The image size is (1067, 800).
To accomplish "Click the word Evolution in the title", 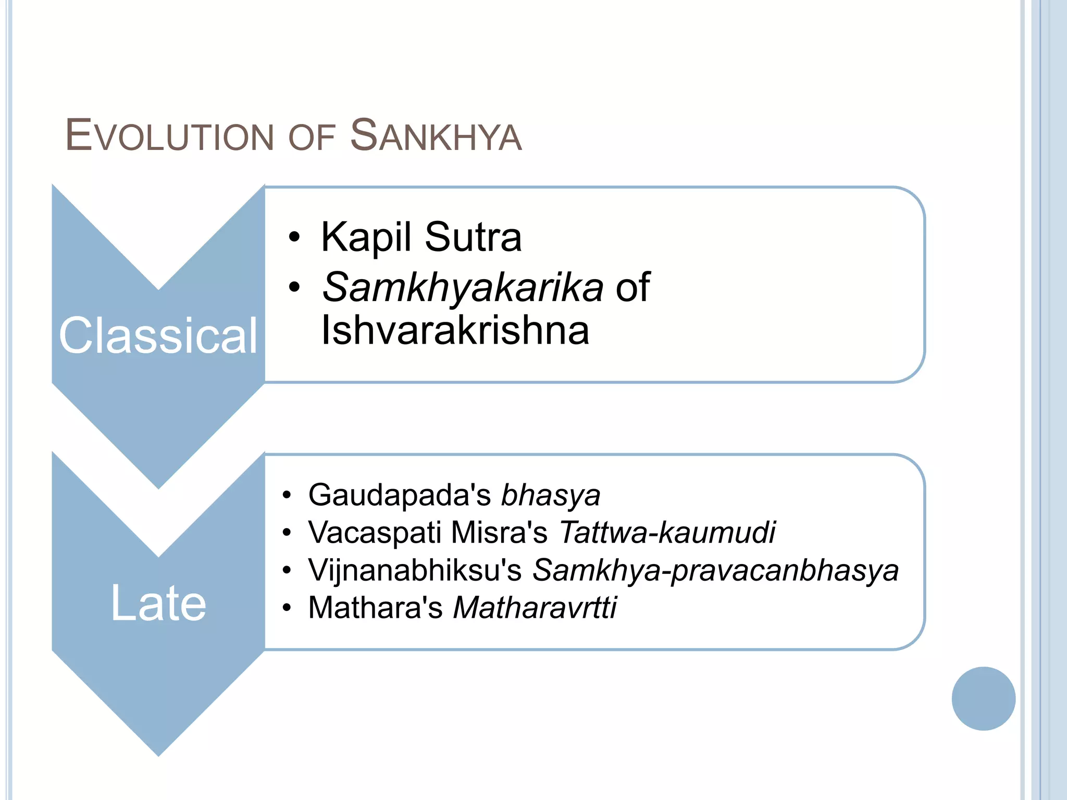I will click(169, 135).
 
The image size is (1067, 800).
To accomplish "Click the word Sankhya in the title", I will click(436, 135).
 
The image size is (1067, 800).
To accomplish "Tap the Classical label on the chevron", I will click(158, 336).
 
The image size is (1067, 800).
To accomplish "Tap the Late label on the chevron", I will click(158, 603).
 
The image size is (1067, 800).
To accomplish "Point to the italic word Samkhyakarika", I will click(463, 287).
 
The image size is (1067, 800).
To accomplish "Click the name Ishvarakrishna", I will click(455, 330).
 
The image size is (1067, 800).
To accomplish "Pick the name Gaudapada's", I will click(399, 495).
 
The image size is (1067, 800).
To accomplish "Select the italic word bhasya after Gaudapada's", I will click(551, 495).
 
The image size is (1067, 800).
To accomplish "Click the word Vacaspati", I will click(375, 532).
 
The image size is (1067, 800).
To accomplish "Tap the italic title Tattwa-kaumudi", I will click(667, 532).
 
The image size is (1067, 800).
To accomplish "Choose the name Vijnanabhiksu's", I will click(415, 570).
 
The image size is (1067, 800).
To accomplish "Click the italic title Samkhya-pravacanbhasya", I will click(715, 570).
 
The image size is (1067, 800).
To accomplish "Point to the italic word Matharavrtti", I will click(535, 608).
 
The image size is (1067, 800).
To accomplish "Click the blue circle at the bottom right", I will click(983, 698).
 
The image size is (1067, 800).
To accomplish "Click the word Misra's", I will click(499, 532).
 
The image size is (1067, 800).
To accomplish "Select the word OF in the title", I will click(311, 138).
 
